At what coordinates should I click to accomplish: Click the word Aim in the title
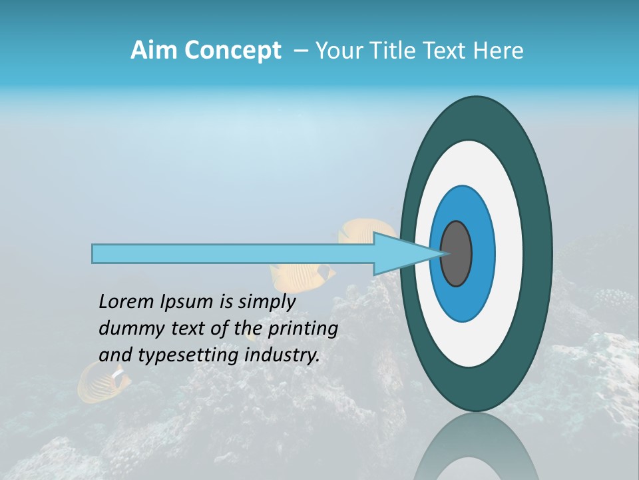(154, 51)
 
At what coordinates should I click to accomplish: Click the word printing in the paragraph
(303, 329)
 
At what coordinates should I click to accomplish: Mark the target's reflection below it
(476, 450)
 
